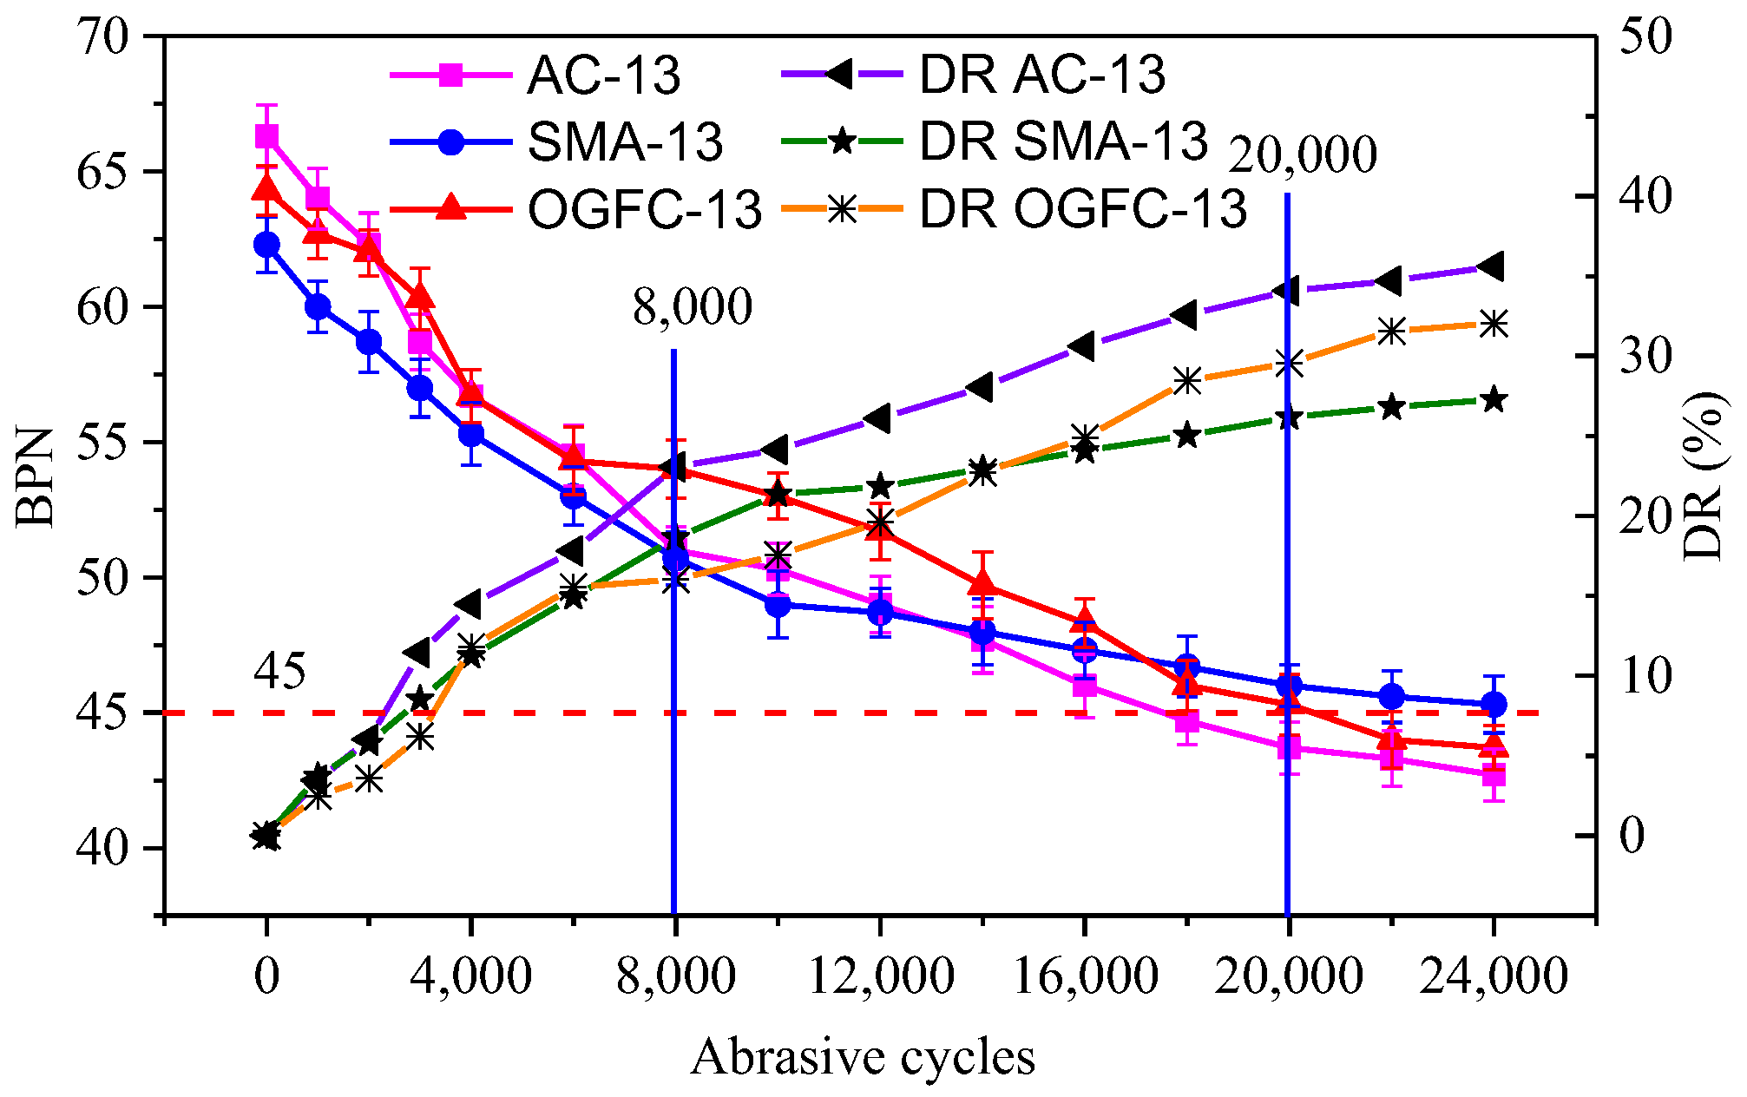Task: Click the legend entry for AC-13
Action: (603, 76)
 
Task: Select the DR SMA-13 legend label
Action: (1062, 141)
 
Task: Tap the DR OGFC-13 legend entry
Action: (1082, 209)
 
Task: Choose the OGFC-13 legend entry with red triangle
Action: (644, 209)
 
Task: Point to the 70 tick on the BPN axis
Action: (102, 37)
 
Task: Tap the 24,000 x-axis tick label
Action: (1493, 976)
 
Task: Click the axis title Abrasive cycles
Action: (863, 1057)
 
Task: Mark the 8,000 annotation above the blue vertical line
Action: (692, 307)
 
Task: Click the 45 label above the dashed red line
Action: (279, 672)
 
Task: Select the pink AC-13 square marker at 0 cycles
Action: (266, 136)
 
